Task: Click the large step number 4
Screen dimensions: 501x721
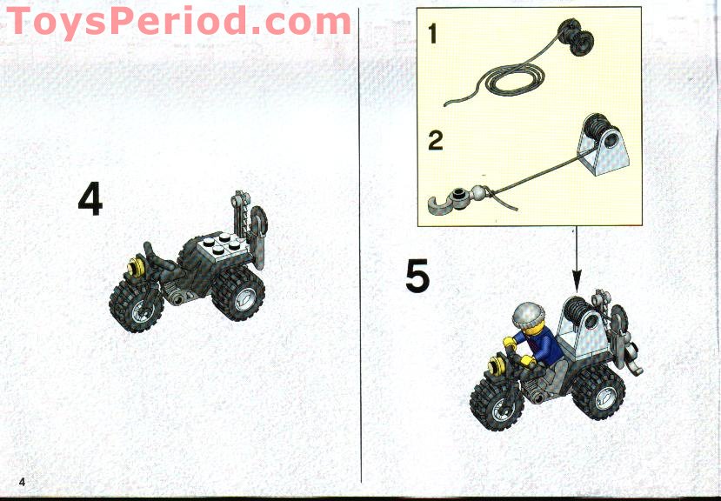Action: click(90, 199)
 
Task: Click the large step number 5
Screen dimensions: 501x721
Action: click(417, 277)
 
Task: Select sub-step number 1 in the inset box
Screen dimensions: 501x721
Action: click(432, 35)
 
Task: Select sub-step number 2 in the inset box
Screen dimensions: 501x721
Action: click(435, 139)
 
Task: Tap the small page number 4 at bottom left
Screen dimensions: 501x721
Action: click(23, 482)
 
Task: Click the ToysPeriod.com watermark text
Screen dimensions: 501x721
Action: click(178, 21)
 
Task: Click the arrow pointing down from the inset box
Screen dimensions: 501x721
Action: click(575, 261)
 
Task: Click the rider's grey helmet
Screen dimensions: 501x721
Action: click(527, 316)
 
